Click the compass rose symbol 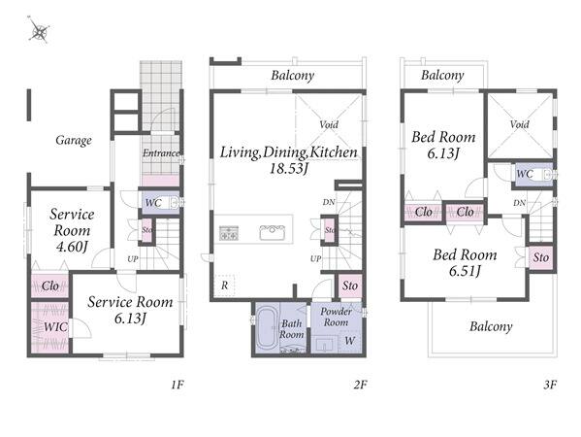coord(39,31)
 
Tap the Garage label coord(74,140)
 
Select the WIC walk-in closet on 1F coord(50,327)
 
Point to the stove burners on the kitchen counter coord(229,233)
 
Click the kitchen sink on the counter coord(272,232)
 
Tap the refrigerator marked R coord(225,286)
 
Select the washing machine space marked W coord(349,341)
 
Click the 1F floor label coord(178,385)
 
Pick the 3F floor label coord(550,385)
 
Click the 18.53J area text coord(289,169)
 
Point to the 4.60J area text coord(72,247)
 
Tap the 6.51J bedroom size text coord(465,271)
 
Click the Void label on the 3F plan coord(519,124)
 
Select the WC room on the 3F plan coord(533,174)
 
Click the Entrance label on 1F coord(161,152)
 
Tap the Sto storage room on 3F coord(541,257)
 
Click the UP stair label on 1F coord(133,259)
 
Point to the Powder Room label coord(336,317)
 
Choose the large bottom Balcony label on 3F coord(491,326)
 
